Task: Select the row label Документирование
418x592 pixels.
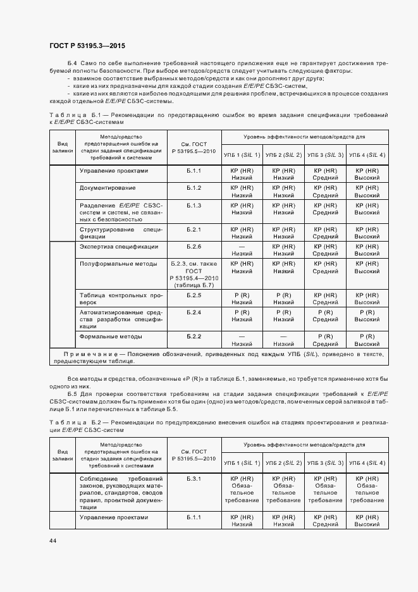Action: [107, 188]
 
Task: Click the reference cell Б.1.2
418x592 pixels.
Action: [194, 188]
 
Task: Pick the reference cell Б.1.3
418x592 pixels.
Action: [194, 206]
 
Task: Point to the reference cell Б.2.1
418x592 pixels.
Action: [194, 229]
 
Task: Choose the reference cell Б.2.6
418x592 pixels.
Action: [194, 246]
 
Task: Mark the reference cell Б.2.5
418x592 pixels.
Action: [194, 295]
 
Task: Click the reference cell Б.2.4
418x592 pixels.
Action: [194, 312]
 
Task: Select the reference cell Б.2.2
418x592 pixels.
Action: [194, 336]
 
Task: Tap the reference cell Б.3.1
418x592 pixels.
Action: [194, 479]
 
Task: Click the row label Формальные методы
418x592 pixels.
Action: [111, 336]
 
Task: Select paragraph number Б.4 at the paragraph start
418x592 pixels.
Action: [71, 65]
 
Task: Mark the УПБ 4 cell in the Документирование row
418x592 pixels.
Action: [366, 192]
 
